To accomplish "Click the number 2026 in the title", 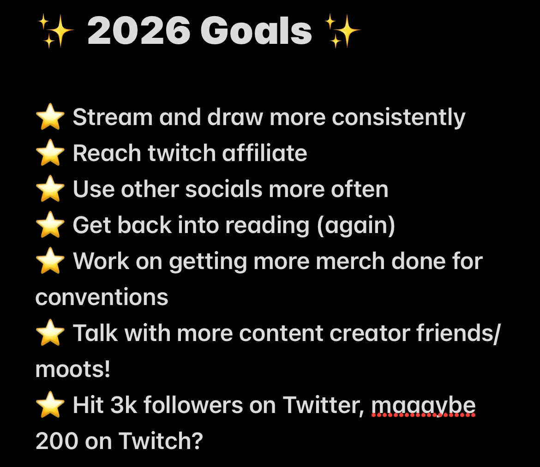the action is [138, 31].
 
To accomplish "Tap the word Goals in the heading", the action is [256, 31].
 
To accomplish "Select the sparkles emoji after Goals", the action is [342, 31].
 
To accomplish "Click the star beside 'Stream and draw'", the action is [50, 117].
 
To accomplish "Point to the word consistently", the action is [398, 117].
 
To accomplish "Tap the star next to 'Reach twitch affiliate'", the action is [50, 153].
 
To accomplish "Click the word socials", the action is [224, 189].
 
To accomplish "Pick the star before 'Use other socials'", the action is [50, 189].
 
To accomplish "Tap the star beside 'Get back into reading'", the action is [50, 225].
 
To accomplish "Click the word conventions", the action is [102, 297].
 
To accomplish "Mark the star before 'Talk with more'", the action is [50, 333].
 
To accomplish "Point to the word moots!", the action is [72, 369].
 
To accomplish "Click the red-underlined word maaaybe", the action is [423, 406].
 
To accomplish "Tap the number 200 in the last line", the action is [57, 441].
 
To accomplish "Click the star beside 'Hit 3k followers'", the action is [50, 405].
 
